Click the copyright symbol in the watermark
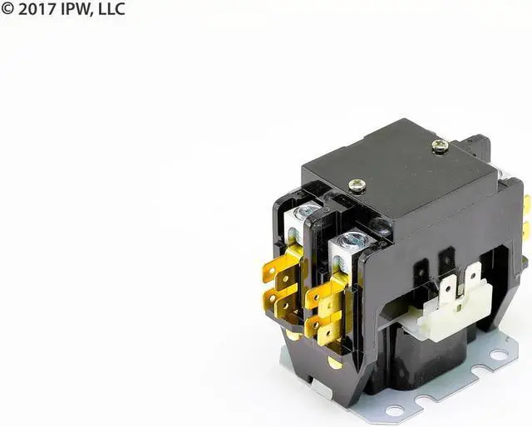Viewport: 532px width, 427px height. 7,8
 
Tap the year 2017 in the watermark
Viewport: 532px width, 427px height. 35,8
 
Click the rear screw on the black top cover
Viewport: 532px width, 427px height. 441,145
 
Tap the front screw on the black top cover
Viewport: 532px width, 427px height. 357,186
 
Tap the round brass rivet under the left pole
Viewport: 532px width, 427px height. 292,335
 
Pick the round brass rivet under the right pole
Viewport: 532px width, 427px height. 334,362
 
